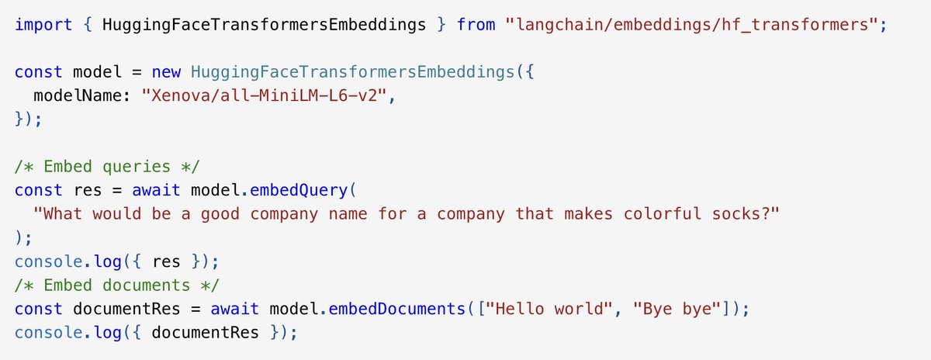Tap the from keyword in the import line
point(476,24)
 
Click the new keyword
point(167,71)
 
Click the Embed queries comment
point(92,166)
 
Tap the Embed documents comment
point(102,285)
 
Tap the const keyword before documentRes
point(39,308)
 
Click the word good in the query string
point(220,213)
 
